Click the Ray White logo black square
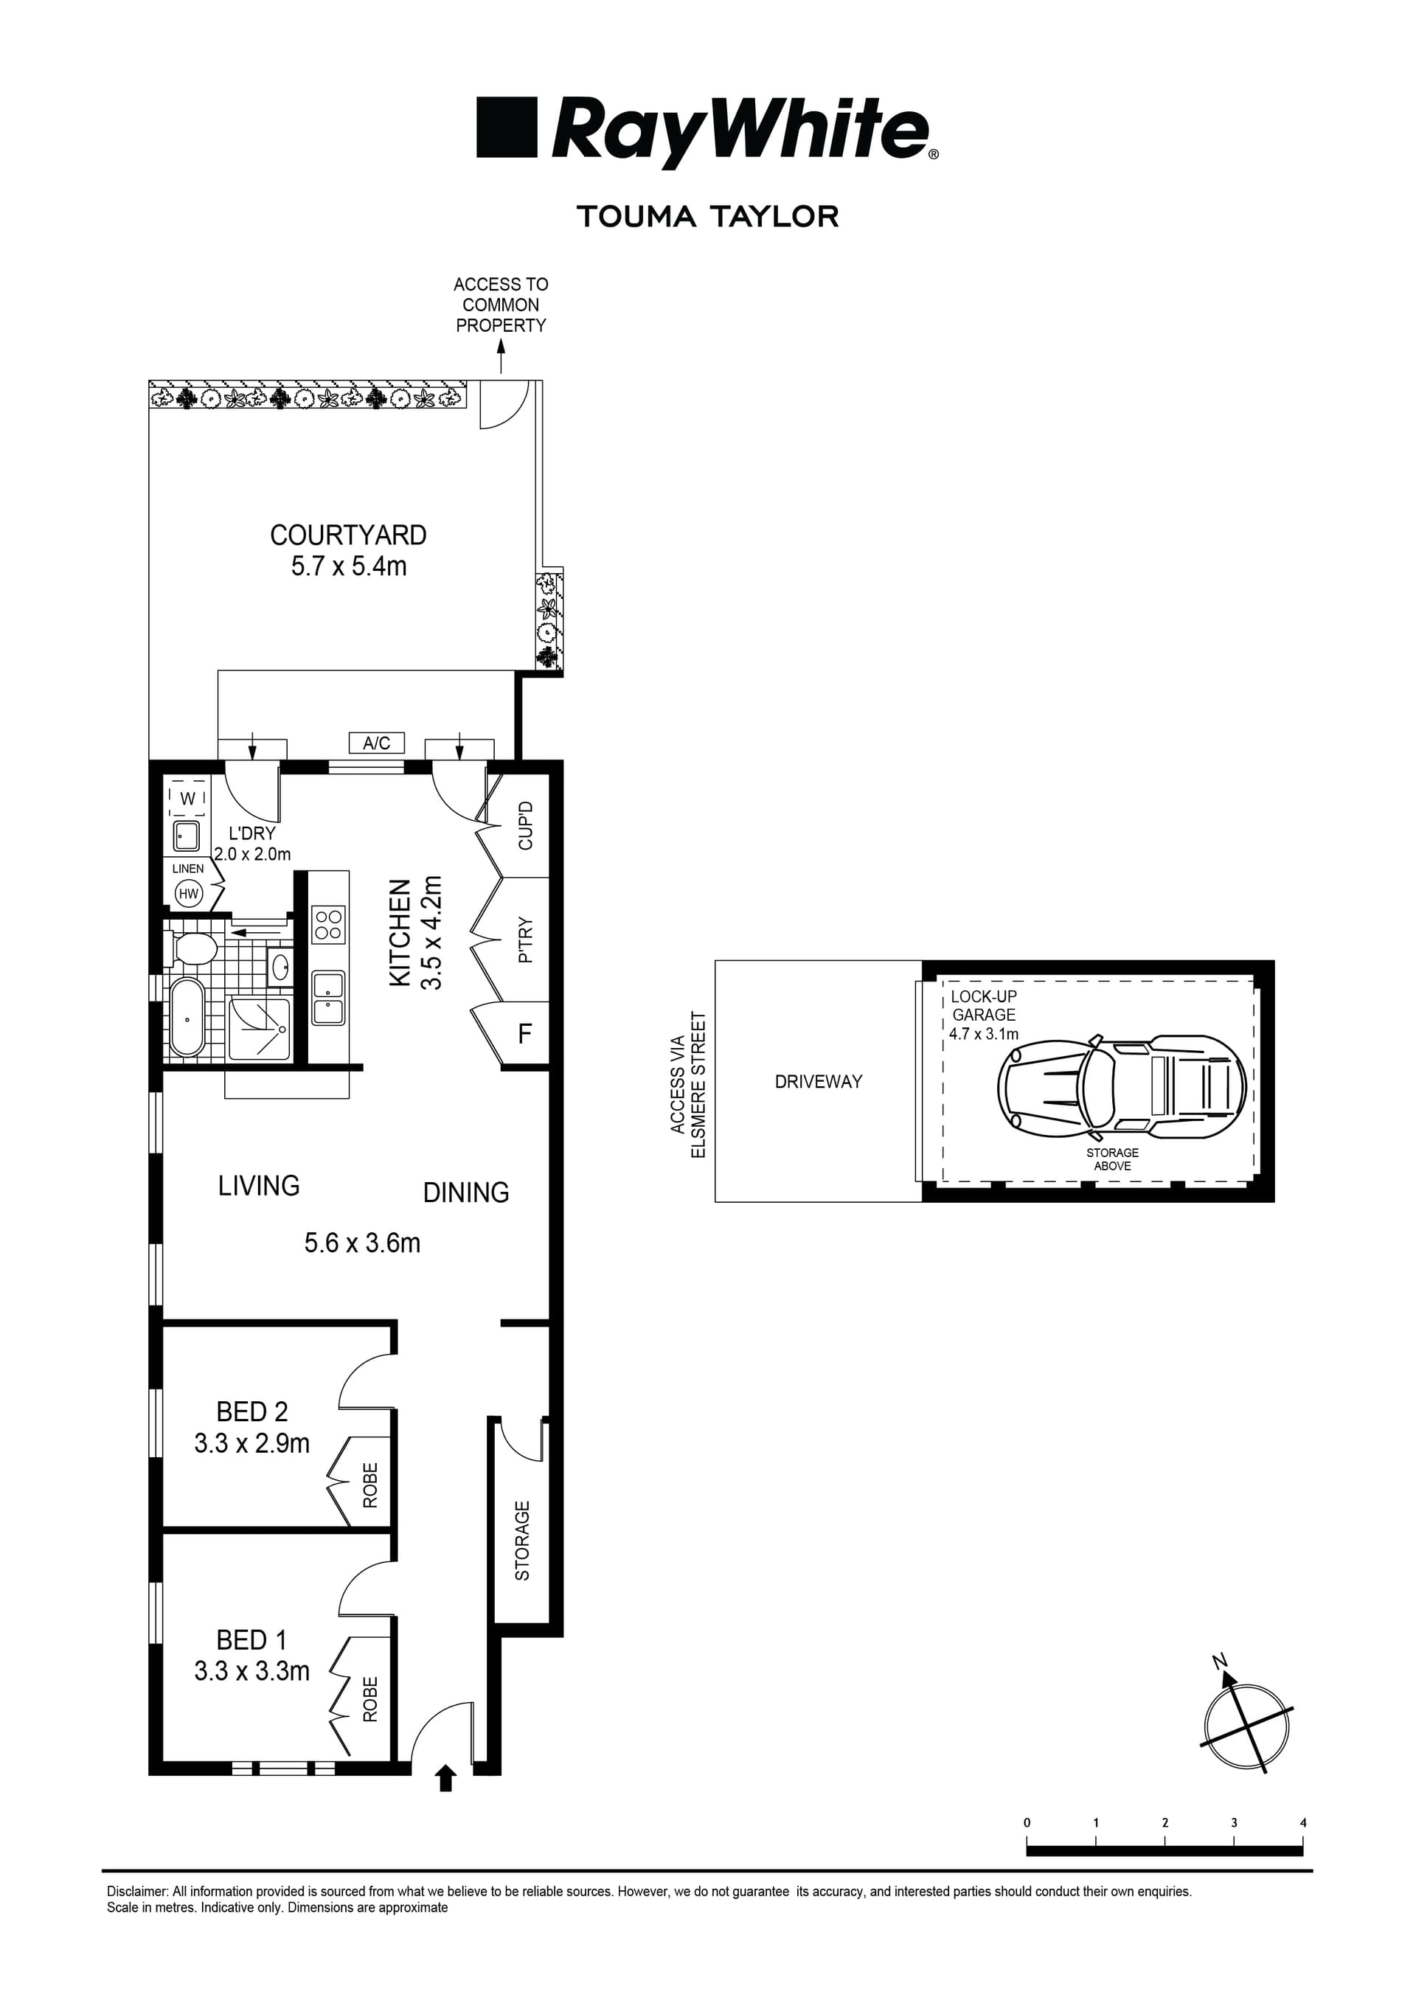506,128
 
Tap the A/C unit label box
376,743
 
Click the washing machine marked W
187,798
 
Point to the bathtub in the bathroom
187,1017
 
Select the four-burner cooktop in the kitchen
329,925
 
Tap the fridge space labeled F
524,1035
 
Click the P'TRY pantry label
525,939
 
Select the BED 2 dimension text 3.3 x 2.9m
251,1444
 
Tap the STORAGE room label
521,1541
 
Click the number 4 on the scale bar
1302,1822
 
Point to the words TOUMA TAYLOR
707,216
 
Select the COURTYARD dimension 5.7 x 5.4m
348,566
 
